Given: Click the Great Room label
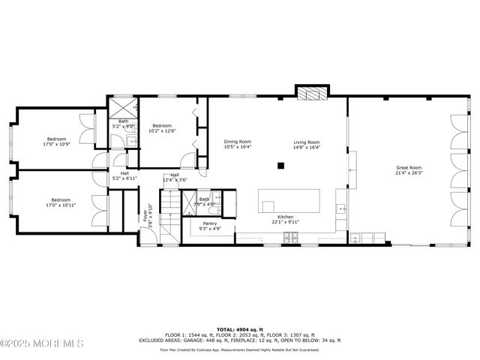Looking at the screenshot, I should point(409,167).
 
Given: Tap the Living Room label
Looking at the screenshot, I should point(306,142).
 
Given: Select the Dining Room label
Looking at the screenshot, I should point(237,142).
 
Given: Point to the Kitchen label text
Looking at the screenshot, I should point(285,216).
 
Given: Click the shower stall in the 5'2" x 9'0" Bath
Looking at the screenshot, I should point(123,106).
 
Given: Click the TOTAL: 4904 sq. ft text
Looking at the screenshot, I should point(239,329).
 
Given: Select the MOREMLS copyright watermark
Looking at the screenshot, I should point(42,343).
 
